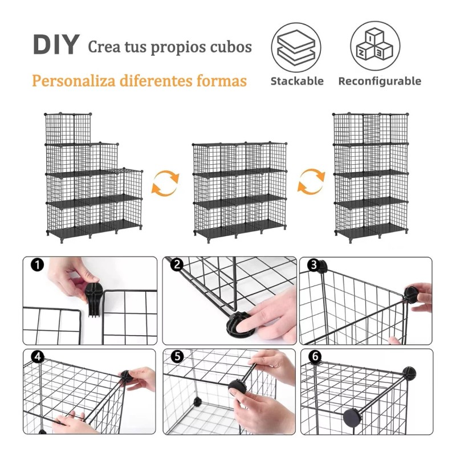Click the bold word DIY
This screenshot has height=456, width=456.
click(55, 45)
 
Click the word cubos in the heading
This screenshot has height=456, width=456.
click(229, 47)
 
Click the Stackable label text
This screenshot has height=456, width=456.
click(296, 81)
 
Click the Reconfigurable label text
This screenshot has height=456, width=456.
click(380, 81)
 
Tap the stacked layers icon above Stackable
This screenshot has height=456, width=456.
click(296, 46)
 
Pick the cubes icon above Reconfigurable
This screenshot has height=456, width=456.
click(375, 46)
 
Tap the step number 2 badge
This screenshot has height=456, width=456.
click(177, 264)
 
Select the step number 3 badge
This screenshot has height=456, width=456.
click(313, 264)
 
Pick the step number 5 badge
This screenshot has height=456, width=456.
click(177, 357)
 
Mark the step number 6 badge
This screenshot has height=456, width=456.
click(315, 357)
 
